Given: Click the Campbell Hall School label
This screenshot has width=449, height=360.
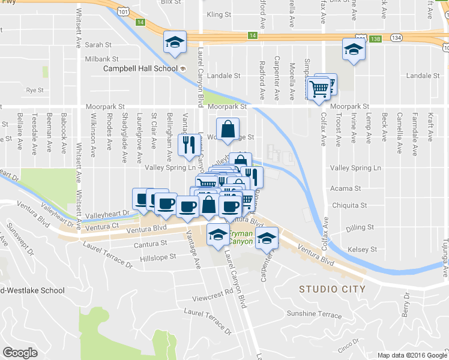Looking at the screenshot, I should click(140, 68).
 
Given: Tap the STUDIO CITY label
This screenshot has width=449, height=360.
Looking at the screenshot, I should click(332, 289).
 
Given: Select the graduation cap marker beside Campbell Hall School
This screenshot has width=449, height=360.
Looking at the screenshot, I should click(175, 43).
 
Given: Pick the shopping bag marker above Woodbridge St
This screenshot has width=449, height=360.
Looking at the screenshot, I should click(228, 129).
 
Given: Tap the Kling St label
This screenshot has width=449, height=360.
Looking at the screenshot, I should click(218, 14).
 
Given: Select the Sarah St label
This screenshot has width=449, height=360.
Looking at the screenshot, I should click(98, 45).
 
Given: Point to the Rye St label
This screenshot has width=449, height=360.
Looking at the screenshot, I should click(35, 91).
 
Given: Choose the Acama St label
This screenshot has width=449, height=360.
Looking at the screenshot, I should click(345, 188).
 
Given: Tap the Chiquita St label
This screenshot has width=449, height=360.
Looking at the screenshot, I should click(348, 205).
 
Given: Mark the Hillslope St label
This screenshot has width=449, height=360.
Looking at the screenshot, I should click(158, 256).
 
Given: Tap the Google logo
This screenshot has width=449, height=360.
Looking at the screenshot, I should click(20, 353).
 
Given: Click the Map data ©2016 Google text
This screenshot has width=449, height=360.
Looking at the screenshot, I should click(411, 355).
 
